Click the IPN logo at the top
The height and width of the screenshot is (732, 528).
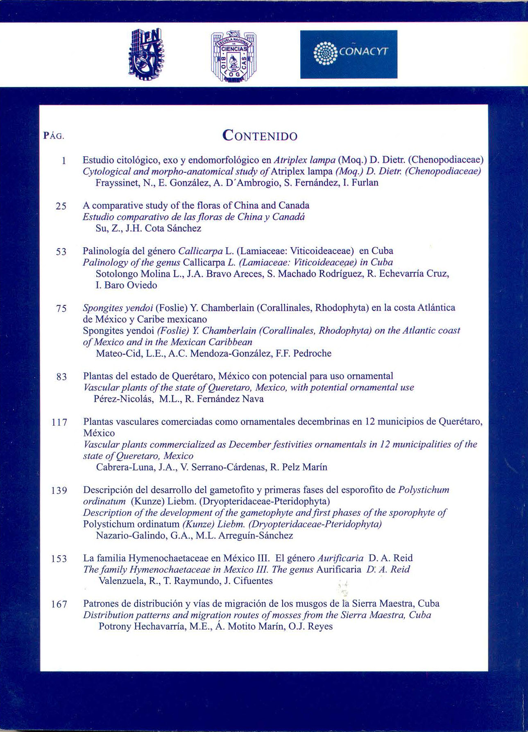click(x=146, y=54)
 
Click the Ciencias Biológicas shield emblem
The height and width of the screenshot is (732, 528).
click(x=234, y=57)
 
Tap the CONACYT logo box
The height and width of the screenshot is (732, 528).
click(x=349, y=54)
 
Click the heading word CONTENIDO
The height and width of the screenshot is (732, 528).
click(x=260, y=135)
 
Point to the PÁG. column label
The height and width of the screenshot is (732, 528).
click(x=54, y=136)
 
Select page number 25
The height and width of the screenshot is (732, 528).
click(x=61, y=206)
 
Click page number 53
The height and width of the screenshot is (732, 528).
click(x=61, y=251)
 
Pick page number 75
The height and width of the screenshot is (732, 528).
click(x=61, y=308)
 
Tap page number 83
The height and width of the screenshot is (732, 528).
click(x=61, y=376)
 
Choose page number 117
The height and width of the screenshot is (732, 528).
click(x=59, y=422)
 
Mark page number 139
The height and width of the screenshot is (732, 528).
click(x=59, y=490)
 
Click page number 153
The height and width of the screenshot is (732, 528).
click(x=59, y=559)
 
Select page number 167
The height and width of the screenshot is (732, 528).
click(x=59, y=604)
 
